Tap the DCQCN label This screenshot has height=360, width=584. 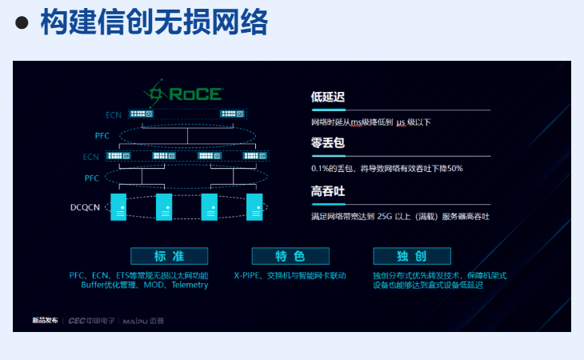click(x=85, y=208)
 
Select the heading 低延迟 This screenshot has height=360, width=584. click(x=327, y=98)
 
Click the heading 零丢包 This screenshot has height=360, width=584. click(x=327, y=144)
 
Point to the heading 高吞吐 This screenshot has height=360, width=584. click(x=327, y=191)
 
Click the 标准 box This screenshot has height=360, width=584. click(x=169, y=256)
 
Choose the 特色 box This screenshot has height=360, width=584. click(x=290, y=256)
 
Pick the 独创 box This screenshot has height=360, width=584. click(x=411, y=256)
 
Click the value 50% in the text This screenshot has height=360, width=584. click(x=454, y=169)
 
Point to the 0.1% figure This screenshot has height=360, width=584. click(x=321, y=169)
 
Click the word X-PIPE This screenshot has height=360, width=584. click(x=249, y=275)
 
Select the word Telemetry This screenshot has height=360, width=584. click(x=188, y=285)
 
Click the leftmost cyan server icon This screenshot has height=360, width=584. click(x=118, y=206)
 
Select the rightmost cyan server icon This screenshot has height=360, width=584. click(x=254, y=206)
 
